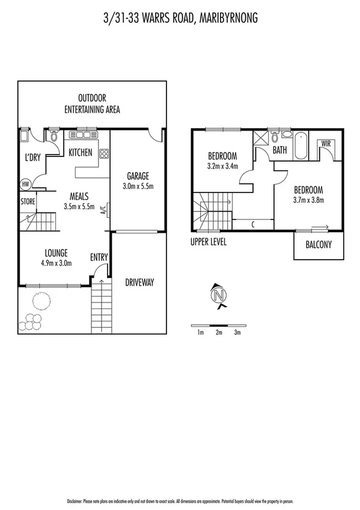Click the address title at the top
(180, 19)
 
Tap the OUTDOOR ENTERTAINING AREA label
(92, 103)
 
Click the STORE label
(28, 201)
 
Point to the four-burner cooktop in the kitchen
(103, 153)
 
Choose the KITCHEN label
(80, 153)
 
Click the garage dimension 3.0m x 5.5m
(138, 186)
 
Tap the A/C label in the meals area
(103, 210)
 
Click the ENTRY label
(99, 257)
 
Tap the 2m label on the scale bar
(219, 332)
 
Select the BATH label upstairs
(279, 150)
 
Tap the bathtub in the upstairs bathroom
(301, 147)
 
